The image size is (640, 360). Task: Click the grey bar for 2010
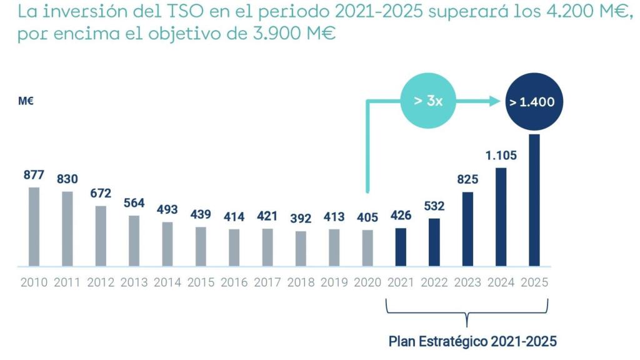(34, 226)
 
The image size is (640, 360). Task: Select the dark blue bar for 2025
(534, 200)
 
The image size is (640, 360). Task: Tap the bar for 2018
(301, 248)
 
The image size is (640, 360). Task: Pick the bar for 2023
(467, 229)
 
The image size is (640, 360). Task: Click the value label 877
(34, 175)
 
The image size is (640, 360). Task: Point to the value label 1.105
(501, 156)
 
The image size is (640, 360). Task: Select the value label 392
(301, 219)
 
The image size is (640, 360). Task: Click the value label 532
(434, 206)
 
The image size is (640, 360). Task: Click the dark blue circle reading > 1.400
(532, 101)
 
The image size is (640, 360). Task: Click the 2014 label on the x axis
(167, 282)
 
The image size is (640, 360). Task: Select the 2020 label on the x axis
(367, 282)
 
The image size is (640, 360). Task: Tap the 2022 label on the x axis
(434, 282)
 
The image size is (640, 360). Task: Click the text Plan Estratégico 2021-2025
(472, 341)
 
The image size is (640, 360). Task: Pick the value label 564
(134, 203)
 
